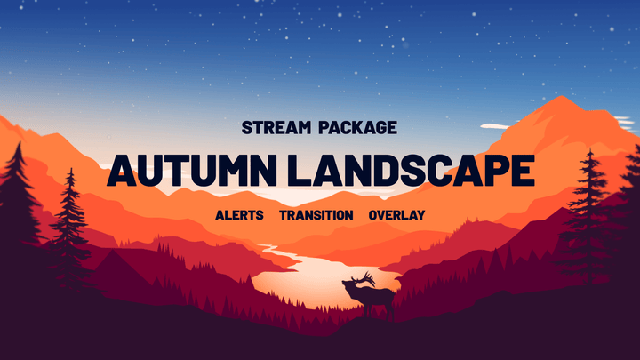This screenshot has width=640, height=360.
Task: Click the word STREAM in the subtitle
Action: click(x=271, y=127)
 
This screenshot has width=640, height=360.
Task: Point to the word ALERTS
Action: click(x=239, y=215)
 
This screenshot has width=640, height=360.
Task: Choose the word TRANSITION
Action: click(x=316, y=215)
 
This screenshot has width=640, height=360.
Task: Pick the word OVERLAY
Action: click(x=396, y=215)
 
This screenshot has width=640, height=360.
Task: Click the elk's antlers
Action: click(x=359, y=276)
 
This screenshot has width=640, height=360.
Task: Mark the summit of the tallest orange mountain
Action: click(x=558, y=99)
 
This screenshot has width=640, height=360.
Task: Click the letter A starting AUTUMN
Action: click(x=121, y=171)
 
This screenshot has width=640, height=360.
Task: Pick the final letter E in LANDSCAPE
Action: click(x=524, y=171)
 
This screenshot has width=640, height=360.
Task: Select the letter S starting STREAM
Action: click(x=246, y=127)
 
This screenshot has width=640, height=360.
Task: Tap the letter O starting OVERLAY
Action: click(x=373, y=215)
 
